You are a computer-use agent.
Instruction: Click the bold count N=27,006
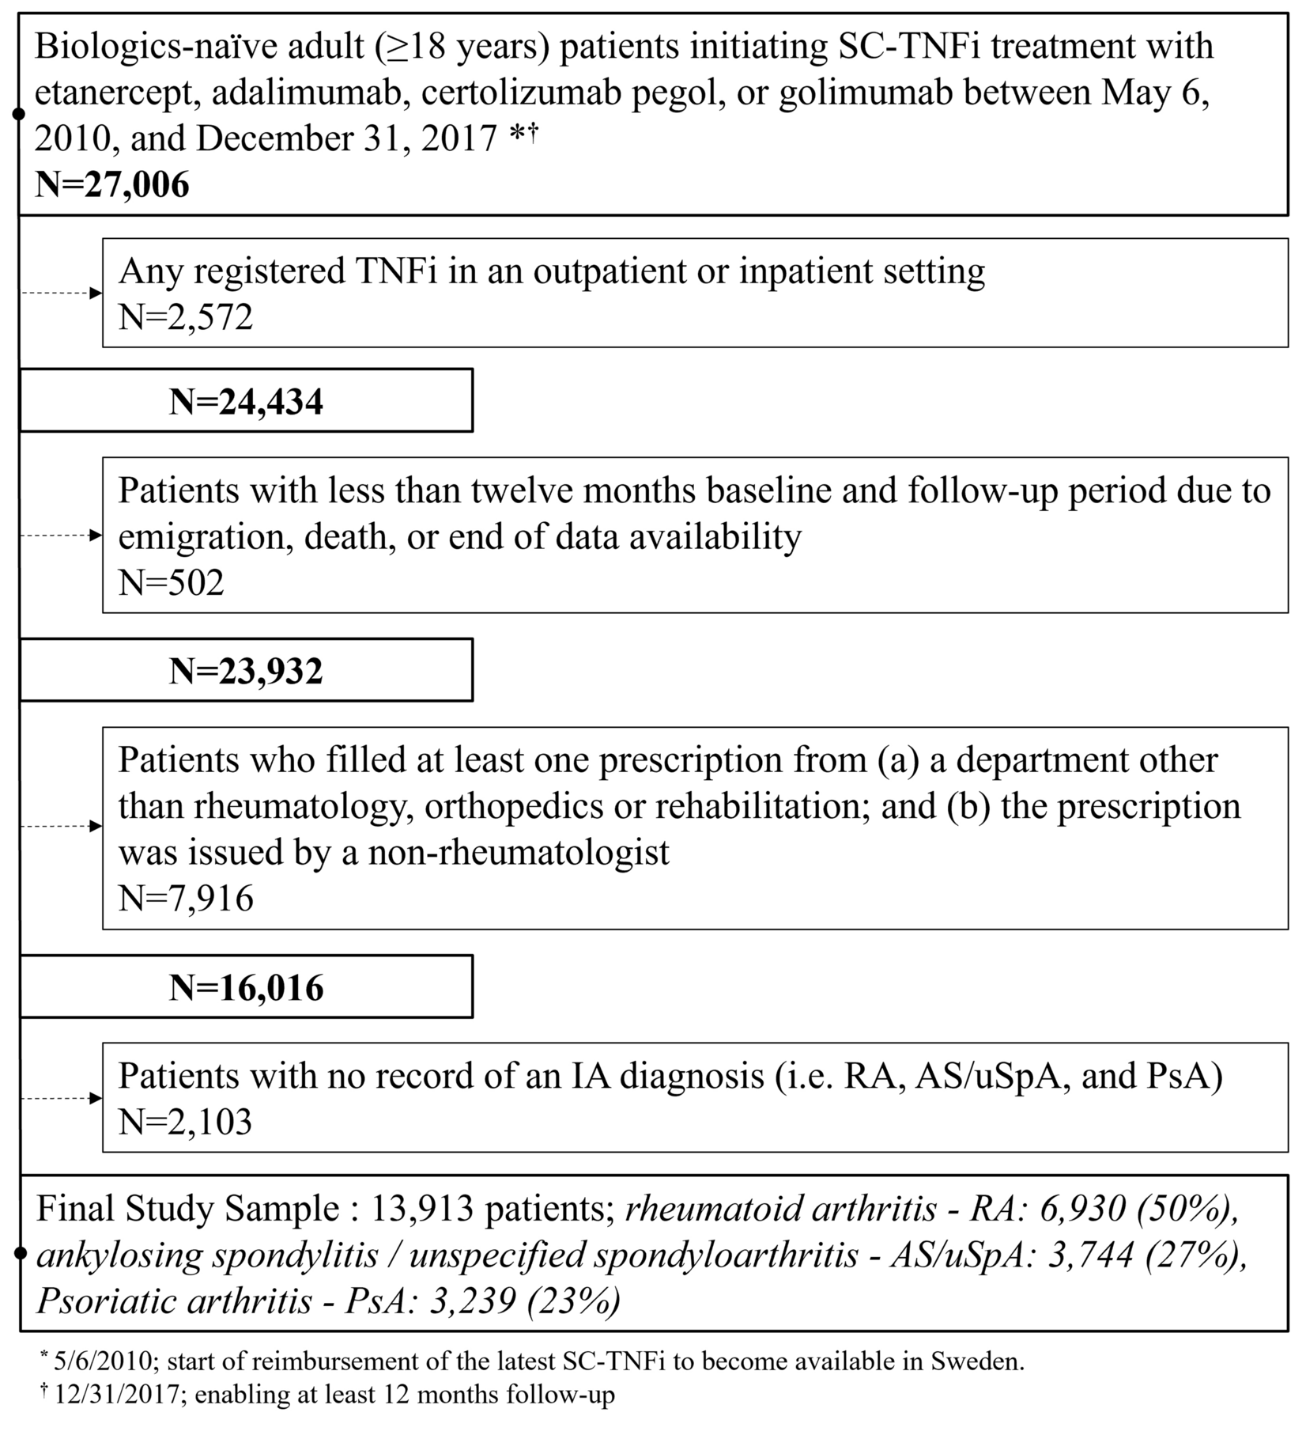coord(112,184)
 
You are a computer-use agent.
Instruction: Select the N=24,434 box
coord(246,401)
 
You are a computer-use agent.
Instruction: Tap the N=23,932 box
coord(246,671)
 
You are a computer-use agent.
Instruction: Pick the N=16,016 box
coord(246,987)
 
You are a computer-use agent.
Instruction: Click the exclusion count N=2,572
coord(186,317)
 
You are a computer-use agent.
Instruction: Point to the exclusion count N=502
coord(172,583)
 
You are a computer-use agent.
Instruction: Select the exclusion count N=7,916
coord(186,899)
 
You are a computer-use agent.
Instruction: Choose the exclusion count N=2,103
coord(185,1122)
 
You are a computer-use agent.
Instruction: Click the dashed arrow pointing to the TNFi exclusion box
coord(62,293)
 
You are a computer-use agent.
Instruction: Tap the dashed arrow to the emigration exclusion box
coord(62,536)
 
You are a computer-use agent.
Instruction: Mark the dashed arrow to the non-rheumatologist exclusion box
coord(62,827)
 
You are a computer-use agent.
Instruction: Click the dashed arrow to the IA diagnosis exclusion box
coord(62,1098)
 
